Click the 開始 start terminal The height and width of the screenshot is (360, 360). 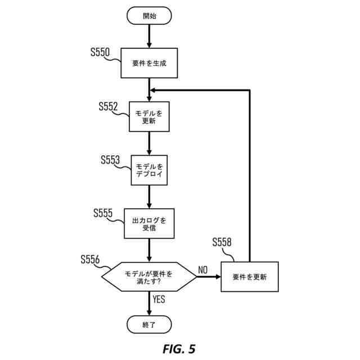pyautogui.click(x=149, y=16)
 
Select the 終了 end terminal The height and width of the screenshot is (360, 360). pyautogui.click(x=149, y=325)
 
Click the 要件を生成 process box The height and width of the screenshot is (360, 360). pyautogui.click(x=149, y=63)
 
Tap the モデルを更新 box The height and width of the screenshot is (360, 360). pyautogui.click(x=149, y=116)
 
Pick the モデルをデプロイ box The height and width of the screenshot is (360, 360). pyautogui.click(x=149, y=170)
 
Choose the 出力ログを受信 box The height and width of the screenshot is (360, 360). pyautogui.click(x=149, y=223)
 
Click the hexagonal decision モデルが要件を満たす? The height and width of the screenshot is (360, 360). pyautogui.click(x=149, y=277)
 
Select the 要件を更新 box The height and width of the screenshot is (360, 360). pyautogui.click(x=250, y=277)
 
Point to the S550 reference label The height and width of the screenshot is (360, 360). pyautogui.click(x=100, y=52)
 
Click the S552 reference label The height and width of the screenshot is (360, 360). pyautogui.click(x=108, y=106)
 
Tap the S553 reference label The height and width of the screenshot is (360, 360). pyautogui.click(x=110, y=160)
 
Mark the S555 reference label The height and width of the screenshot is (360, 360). pyautogui.click(x=103, y=213)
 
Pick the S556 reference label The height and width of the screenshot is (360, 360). pyautogui.click(x=90, y=259)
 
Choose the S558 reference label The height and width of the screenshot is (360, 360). pyautogui.click(x=222, y=242)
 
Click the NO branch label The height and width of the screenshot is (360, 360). pyautogui.click(x=202, y=270)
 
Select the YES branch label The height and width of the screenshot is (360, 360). pyautogui.click(x=159, y=299)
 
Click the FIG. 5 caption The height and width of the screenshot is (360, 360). pyautogui.click(x=179, y=349)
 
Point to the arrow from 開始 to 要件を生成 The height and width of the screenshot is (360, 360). pyautogui.click(x=149, y=36)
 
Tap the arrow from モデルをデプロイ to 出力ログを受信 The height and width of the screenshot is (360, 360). pyautogui.click(x=149, y=197)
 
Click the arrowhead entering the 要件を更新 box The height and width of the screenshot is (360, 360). pyautogui.click(x=218, y=277)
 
